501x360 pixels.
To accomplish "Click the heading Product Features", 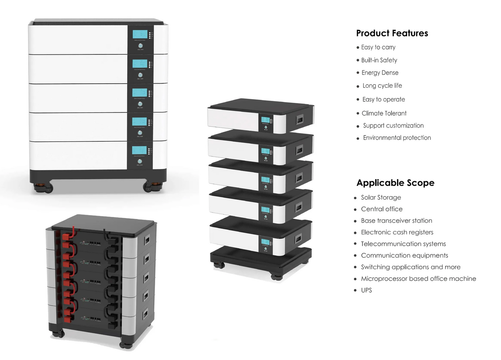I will (392, 33).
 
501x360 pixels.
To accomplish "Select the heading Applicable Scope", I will (395, 183).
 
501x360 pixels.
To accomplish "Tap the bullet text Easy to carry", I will (378, 47).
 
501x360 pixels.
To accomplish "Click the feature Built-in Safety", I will (379, 60).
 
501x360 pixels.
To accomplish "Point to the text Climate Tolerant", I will (384, 113).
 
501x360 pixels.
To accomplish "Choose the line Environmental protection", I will (397, 138).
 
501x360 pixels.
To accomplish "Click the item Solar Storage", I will (381, 197).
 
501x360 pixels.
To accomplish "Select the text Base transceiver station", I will (396, 221).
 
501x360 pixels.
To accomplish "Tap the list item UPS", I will (366, 290).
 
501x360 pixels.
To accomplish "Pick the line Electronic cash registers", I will (397, 232).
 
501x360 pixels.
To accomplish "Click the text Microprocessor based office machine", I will (418, 279).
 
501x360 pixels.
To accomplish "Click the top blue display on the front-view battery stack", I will (140, 34).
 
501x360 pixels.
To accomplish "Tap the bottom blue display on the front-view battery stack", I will (139, 150).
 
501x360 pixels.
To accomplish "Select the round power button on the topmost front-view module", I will (140, 46).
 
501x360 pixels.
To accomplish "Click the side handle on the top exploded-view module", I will (299, 120).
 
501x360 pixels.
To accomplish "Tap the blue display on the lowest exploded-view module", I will (266, 242).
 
